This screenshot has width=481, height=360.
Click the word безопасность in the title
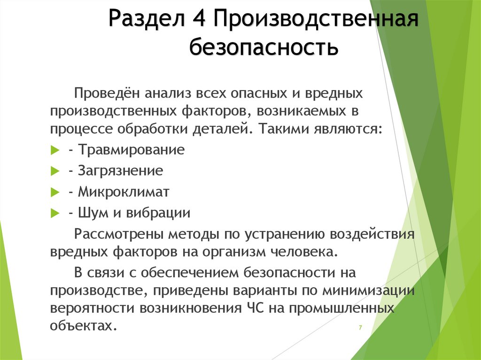click(x=264, y=47)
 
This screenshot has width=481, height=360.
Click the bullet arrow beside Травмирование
click(x=53, y=151)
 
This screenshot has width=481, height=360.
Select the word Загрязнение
click(x=121, y=171)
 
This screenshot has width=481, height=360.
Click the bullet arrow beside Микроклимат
click(x=53, y=192)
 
